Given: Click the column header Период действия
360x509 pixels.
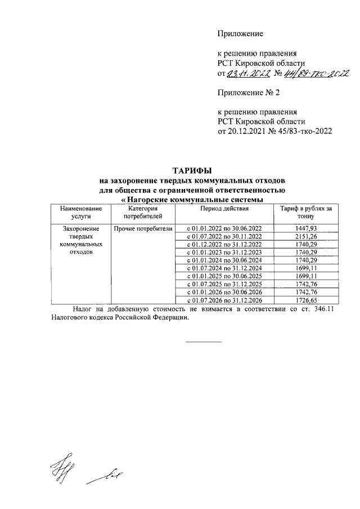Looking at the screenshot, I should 224,209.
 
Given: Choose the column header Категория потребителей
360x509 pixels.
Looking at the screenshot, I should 143,212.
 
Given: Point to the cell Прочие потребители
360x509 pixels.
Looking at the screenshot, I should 143,229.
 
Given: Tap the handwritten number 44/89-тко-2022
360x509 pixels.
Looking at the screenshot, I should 316,73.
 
